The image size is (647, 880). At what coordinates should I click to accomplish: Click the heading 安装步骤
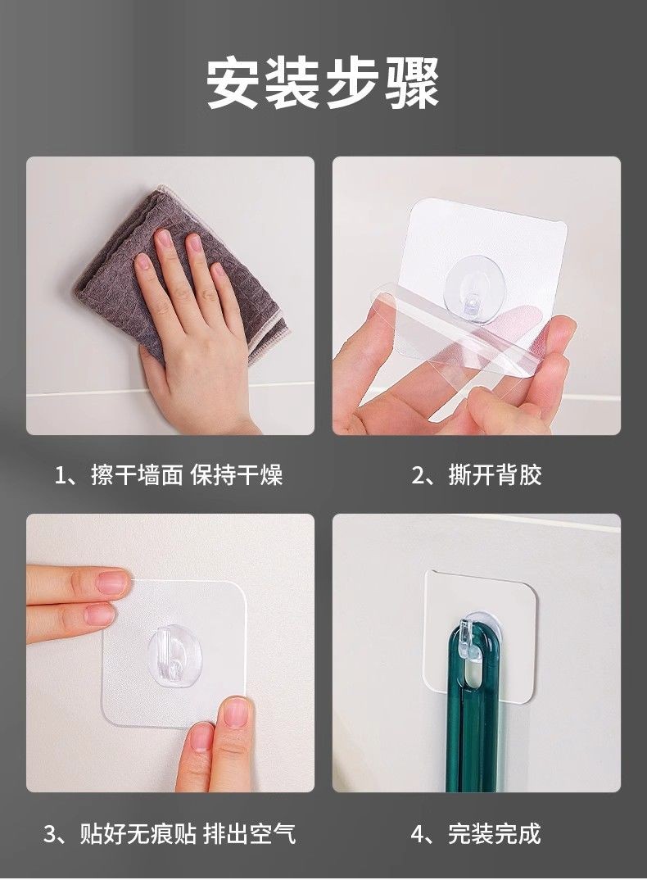pyautogui.click(x=323, y=83)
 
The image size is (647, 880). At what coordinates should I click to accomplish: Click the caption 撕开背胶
pyautogui.click(x=495, y=474)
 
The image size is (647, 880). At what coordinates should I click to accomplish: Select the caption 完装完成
pyautogui.click(x=495, y=833)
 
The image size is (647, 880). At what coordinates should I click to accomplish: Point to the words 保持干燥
pyautogui.click(x=236, y=474)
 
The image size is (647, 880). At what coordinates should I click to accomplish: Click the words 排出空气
pyautogui.click(x=249, y=833)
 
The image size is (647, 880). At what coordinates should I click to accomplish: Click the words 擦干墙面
pyautogui.click(x=138, y=474)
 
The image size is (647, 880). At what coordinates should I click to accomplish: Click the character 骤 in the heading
pyautogui.click(x=413, y=83)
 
